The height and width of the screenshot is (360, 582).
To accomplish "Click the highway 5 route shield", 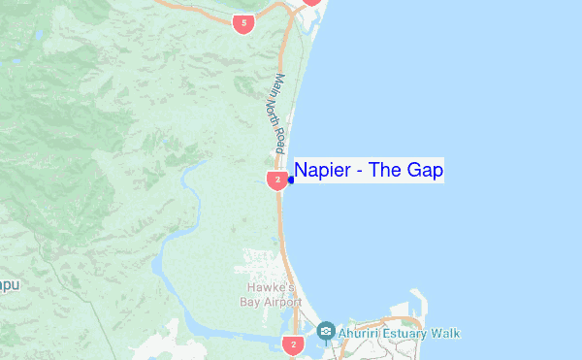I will [x=243, y=22].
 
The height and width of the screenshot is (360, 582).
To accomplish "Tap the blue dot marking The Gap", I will [x=291, y=180].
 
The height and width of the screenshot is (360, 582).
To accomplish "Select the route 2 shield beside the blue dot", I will [x=276, y=180].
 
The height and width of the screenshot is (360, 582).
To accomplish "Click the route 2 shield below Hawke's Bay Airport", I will [x=293, y=344].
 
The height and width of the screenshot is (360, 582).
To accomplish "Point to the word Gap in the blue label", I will [x=426, y=171].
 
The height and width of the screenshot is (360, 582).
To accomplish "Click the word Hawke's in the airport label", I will [x=261, y=287].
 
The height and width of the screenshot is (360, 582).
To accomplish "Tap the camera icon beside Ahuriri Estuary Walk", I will [x=325, y=332].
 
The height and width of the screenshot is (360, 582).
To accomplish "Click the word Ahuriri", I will [x=361, y=333].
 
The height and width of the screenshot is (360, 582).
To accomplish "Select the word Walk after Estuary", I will [x=446, y=333].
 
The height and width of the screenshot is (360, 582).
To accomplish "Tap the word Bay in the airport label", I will [x=250, y=301].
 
